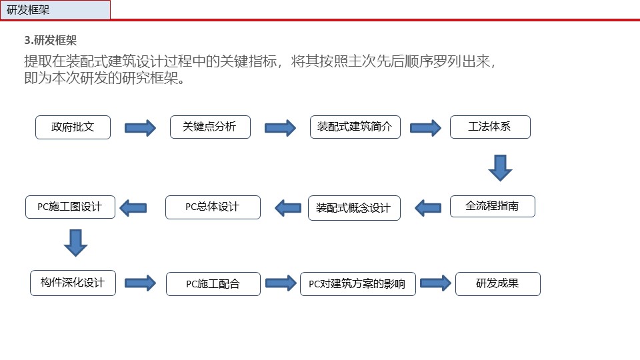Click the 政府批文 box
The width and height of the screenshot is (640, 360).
(x=73, y=127)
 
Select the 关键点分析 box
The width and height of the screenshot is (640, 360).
(x=210, y=127)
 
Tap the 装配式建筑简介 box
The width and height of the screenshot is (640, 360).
(x=355, y=127)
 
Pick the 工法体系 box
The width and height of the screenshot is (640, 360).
(x=490, y=127)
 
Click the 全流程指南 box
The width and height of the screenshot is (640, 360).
(x=493, y=206)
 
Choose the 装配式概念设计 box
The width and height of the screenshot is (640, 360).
(x=354, y=208)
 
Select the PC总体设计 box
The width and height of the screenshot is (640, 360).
(x=213, y=207)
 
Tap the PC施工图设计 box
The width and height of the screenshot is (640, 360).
(x=70, y=207)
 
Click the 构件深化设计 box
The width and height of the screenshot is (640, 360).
(x=73, y=283)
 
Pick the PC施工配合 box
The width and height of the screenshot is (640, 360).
(x=213, y=284)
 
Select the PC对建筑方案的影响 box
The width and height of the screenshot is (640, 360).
(x=358, y=284)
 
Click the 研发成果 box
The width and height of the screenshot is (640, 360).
(x=498, y=284)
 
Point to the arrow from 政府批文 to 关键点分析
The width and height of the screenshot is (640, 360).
(x=140, y=128)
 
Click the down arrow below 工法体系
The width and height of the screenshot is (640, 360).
(x=501, y=168)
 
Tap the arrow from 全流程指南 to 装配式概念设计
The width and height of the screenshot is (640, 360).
(x=428, y=208)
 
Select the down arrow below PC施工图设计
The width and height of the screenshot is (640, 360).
(x=75, y=243)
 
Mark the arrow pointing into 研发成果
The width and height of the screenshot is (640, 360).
(x=435, y=283)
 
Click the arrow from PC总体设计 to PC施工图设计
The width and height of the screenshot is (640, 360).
(x=133, y=208)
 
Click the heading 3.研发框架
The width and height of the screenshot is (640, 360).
(x=51, y=41)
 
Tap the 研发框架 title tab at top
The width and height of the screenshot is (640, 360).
(x=55, y=10)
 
